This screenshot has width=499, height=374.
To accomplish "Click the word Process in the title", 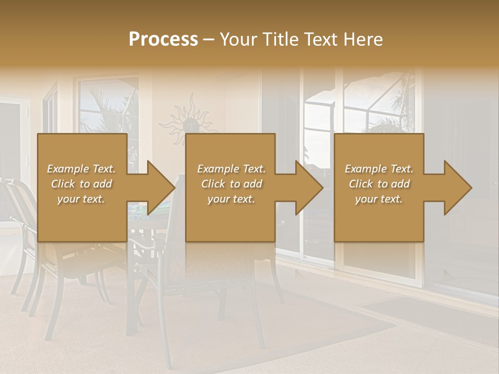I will click(x=163, y=39).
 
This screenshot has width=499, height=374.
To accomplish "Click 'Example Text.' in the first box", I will click(x=81, y=169).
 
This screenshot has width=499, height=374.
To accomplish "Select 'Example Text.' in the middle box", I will click(x=231, y=169).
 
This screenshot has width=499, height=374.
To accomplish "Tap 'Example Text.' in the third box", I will click(x=379, y=169).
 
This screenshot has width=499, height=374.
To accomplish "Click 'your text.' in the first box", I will click(x=81, y=199).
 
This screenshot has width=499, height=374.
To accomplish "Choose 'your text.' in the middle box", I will click(x=231, y=199).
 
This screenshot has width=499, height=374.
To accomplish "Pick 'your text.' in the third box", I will click(x=379, y=199).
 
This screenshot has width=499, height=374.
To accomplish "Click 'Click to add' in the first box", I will click(x=81, y=184).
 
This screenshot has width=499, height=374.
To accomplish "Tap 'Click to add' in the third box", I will click(x=379, y=184).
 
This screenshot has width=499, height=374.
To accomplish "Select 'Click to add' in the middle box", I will click(x=231, y=184).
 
